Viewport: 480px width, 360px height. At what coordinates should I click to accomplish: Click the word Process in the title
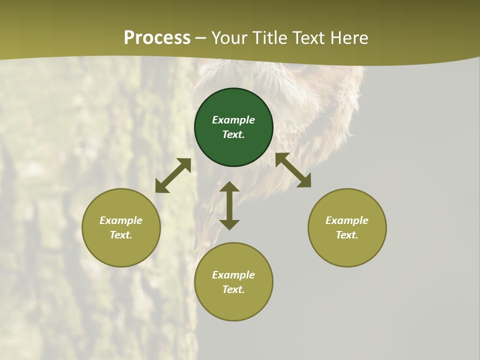pyautogui.click(x=157, y=37)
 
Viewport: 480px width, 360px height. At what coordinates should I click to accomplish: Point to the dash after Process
pyautogui.click(x=200, y=38)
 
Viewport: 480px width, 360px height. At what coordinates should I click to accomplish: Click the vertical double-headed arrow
pyautogui.click(x=229, y=205)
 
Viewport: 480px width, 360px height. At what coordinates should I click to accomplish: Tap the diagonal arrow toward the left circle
pyautogui.click(x=173, y=175)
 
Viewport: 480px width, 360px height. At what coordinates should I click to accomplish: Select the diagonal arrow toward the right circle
pyautogui.click(x=293, y=170)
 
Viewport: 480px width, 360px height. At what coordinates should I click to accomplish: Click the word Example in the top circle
pyautogui.click(x=233, y=120)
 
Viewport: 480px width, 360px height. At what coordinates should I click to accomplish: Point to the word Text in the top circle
pyautogui.click(x=233, y=134)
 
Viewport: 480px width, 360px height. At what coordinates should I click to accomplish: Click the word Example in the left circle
pyautogui.click(x=121, y=220)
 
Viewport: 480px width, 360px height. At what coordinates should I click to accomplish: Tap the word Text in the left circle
pyautogui.click(x=121, y=235)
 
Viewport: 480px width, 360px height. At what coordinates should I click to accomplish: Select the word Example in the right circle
pyautogui.click(x=347, y=220)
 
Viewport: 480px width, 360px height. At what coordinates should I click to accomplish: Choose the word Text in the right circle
pyautogui.click(x=347, y=235)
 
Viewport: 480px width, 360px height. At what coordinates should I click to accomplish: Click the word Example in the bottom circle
pyautogui.click(x=233, y=275)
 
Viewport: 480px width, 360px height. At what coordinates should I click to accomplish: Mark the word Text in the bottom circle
pyautogui.click(x=233, y=289)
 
